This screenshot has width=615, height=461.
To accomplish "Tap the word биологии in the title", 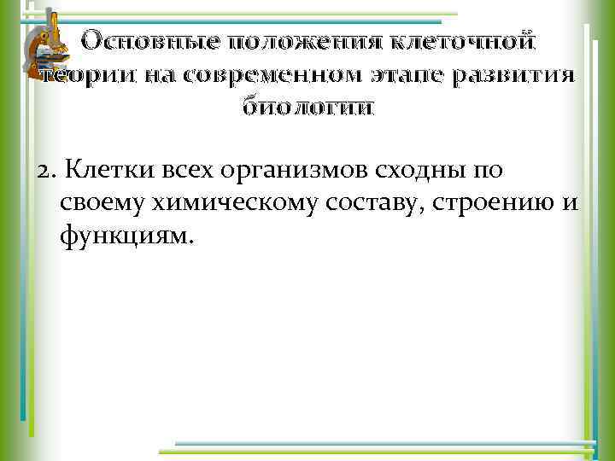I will [307, 108].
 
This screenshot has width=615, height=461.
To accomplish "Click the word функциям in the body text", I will [128, 236].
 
